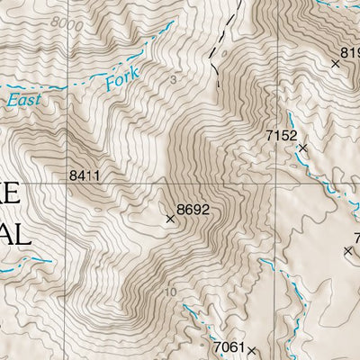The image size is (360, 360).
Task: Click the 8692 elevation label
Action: click(x=193, y=210)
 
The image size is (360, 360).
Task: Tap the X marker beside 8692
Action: click(x=170, y=219)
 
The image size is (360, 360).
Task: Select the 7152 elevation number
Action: click(x=281, y=135)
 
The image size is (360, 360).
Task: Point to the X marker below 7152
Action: click(x=303, y=147)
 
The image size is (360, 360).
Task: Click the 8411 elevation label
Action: click(x=83, y=177)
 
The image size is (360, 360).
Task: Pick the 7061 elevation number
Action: click(x=229, y=346)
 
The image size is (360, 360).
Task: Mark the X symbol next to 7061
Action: click(x=252, y=350)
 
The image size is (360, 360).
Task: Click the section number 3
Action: click(x=172, y=79)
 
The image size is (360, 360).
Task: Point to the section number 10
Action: click(x=172, y=292)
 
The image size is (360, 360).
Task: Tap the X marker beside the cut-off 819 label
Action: click(x=336, y=63)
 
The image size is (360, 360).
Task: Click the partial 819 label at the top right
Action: click(x=349, y=52)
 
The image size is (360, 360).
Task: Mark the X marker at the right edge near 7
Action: click(x=348, y=250)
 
